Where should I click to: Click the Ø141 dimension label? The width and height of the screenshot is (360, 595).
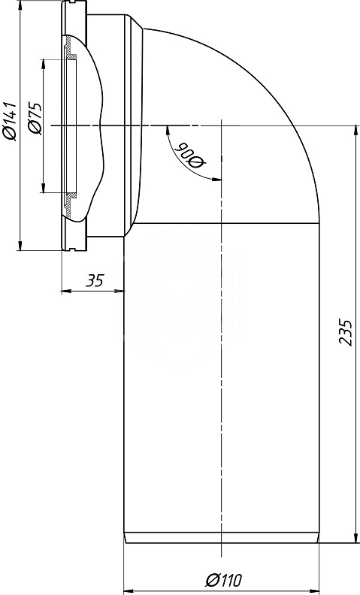(x=9, y=121)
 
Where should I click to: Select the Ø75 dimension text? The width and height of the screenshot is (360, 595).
(x=35, y=118)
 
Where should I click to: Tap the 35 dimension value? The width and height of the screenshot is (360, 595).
(x=94, y=281)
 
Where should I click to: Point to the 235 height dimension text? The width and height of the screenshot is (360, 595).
(x=346, y=332)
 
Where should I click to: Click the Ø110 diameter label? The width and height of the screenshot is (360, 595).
(x=223, y=580)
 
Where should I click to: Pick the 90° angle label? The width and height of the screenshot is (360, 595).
(x=192, y=156)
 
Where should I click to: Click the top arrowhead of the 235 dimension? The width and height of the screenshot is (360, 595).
(x=355, y=131)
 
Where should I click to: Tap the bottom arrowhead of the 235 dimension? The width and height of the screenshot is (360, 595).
(x=355, y=536)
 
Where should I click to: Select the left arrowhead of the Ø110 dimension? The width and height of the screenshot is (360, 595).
(x=130, y=591)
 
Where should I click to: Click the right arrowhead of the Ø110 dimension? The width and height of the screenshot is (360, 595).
(x=312, y=591)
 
